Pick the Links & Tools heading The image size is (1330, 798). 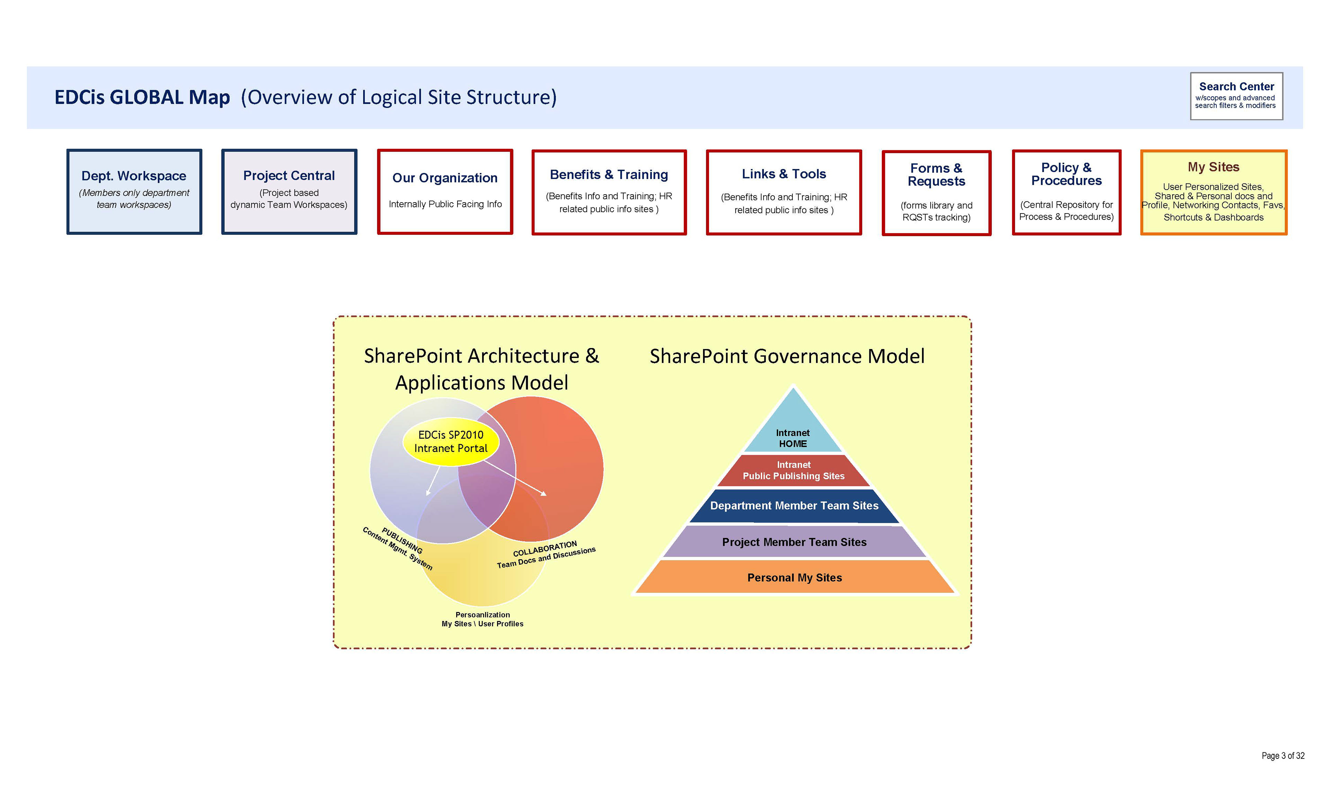coord(783,174)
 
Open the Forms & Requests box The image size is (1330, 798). coord(936,192)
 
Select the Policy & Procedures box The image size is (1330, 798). coord(1066,192)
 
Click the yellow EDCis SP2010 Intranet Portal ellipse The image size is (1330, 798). coord(451,441)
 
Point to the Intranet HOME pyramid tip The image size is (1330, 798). coord(793,430)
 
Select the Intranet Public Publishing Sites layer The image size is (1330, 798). coord(793,470)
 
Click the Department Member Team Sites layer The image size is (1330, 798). coord(794,505)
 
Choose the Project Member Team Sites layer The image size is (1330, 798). coord(794,542)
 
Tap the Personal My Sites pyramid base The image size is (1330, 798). coord(794,577)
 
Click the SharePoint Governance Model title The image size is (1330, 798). coord(787,356)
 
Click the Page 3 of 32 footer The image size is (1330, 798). coord(1283,755)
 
